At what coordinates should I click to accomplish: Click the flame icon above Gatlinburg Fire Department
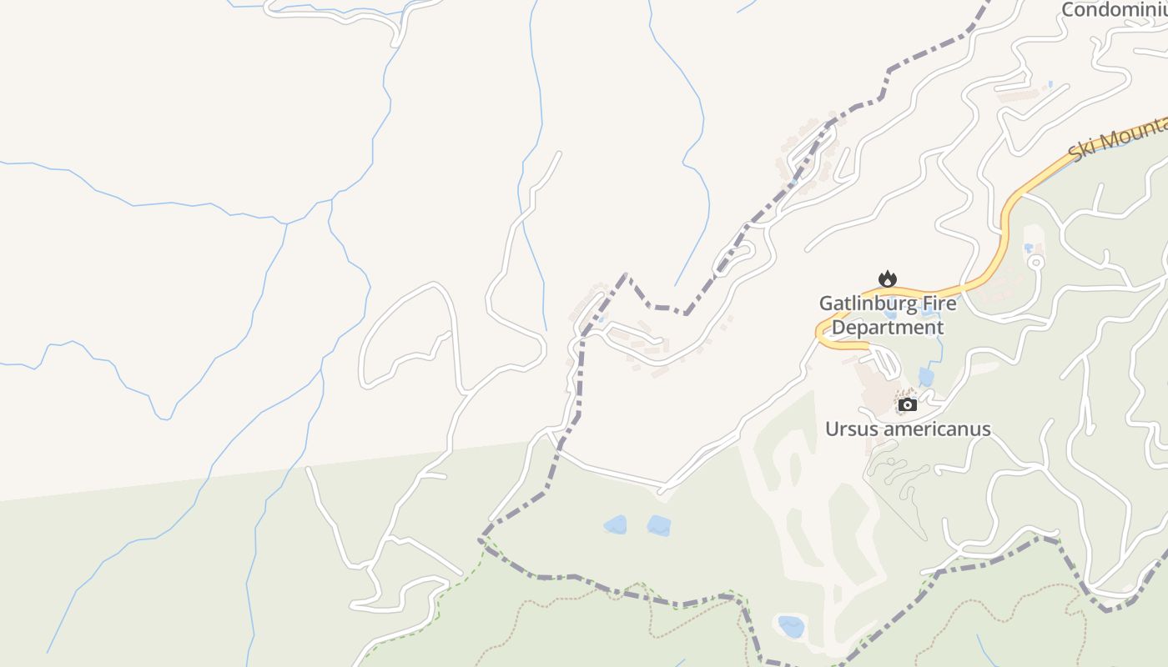tap(888, 278)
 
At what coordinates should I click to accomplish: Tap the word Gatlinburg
tap(862, 303)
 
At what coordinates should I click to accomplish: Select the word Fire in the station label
tap(934, 303)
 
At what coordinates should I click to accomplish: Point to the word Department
tap(888, 328)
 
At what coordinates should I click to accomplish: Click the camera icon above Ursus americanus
tap(908, 405)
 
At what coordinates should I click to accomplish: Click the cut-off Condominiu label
tap(1114, 10)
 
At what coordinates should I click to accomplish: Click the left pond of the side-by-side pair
tap(616, 524)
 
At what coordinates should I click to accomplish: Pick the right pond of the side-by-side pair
tap(659, 526)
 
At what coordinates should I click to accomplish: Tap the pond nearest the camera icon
tap(926, 377)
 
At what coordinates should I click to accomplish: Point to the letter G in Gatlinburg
tap(826, 303)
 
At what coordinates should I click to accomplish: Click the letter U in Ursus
tap(832, 429)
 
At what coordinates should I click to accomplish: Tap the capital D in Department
tap(839, 328)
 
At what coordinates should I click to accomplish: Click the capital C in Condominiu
tap(1068, 10)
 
